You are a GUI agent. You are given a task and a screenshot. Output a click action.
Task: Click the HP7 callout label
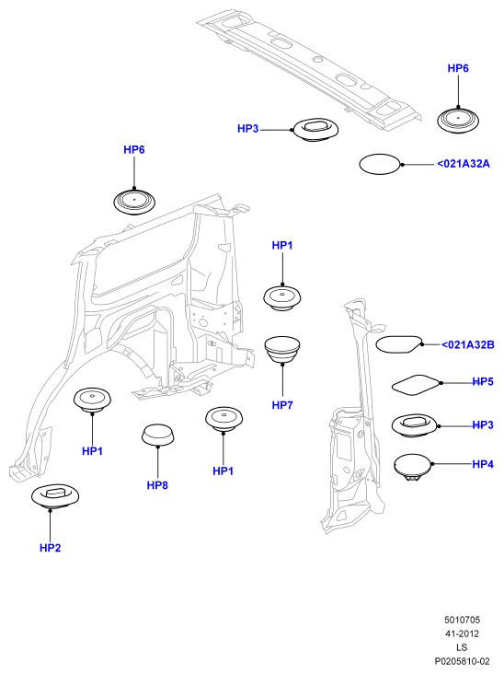click(282, 405)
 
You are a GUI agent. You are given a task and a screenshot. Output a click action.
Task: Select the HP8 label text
click(157, 485)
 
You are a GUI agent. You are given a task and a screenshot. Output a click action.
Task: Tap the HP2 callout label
click(51, 548)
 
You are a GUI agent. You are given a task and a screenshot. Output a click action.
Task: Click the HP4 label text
click(483, 464)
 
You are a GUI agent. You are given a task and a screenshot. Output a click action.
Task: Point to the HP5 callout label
click(483, 382)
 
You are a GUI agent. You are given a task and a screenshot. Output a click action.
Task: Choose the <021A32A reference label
click(464, 164)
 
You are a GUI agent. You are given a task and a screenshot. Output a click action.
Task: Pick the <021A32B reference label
click(468, 344)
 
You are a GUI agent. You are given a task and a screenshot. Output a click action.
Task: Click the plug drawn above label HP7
click(282, 350)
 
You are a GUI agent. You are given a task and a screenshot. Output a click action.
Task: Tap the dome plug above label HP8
click(158, 435)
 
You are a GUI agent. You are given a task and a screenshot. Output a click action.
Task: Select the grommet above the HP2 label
click(55, 496)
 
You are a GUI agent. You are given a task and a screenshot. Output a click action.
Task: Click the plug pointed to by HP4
click(412, 467)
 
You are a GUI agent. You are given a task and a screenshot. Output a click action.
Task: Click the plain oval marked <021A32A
click(380, 164)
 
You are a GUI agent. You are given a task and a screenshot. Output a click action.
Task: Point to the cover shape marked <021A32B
click(399, 344)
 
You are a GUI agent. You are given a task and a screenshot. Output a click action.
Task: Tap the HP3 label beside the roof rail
click(247, 129)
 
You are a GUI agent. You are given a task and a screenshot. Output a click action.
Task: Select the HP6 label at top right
click(458, 68)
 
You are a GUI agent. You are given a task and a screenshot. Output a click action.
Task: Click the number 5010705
click(462, 620)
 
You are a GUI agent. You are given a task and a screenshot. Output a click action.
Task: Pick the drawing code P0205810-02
click(462, 661)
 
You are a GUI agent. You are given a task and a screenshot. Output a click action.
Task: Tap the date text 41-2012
click(462, 633)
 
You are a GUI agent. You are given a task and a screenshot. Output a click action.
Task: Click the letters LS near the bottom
click(462, 647)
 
